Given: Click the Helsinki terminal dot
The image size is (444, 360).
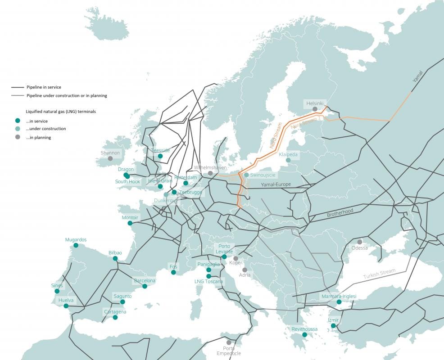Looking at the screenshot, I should click(315, 109).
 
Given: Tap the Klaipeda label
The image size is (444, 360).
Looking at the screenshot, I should click(288, 154).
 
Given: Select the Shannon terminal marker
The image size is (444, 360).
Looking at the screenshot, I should click(110, 158).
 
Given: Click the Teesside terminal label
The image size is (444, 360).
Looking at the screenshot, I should click(160, 150).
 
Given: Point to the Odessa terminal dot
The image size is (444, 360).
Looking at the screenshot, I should click(359, 242).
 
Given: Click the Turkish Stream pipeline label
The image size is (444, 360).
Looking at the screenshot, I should click(380, 274).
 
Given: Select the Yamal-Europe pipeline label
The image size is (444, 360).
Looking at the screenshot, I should click(276, 184).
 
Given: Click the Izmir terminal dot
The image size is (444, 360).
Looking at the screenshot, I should click(333, 326).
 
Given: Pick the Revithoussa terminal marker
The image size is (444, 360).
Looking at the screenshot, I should click(304, 335).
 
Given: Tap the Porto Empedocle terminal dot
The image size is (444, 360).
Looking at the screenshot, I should click(229, 342).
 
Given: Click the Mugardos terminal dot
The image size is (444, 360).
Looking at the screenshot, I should click(76, 246).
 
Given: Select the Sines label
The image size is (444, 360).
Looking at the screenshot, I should click(57, 286).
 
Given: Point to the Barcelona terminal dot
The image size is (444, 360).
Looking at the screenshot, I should click(145, 286).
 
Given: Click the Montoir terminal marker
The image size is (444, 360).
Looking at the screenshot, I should click(130, 223).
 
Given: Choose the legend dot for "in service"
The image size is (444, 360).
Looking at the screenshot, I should click(17, 121).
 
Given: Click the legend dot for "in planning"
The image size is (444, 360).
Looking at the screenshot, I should click(17, 137).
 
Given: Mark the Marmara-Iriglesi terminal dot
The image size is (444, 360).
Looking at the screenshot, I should click(339, 302).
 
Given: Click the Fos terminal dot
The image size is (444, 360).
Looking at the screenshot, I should click(173, 272).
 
